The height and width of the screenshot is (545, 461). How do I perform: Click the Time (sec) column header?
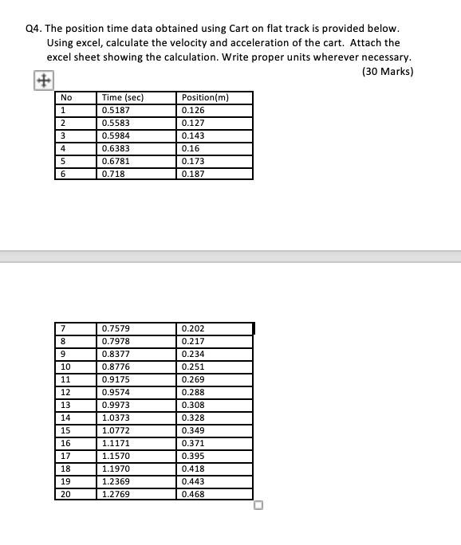click(122, 98)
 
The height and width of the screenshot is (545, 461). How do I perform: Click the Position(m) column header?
click(205, 98)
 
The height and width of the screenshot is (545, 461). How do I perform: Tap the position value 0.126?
click(193, 111)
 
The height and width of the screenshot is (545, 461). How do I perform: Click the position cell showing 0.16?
click(191, 148)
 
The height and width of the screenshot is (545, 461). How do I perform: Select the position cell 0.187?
click(193, 174)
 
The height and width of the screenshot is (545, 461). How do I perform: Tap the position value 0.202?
click(193, 328)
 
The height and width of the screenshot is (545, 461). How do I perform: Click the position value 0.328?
click(193, 418)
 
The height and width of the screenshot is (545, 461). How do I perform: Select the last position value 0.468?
click(193, 494)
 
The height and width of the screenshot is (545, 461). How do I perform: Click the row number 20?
click(66, 494)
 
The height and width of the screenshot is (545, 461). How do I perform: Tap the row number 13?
click(66, 405)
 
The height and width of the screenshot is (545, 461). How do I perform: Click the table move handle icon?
click(42, 80)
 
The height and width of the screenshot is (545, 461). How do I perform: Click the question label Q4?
click(33, 28)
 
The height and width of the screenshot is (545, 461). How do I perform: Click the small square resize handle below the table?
click(258, 504)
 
